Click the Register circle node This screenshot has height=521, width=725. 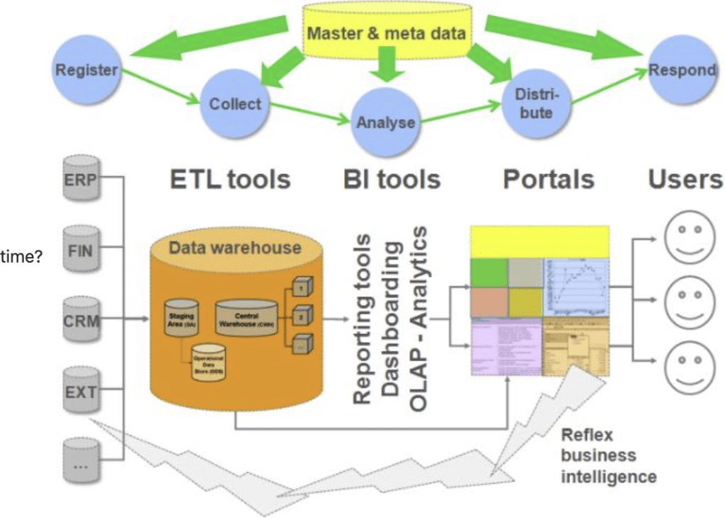tap(86, 69)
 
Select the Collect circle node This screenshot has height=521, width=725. tap(235, 104)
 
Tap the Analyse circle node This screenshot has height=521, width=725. tap(385, 122)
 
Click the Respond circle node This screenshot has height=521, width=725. tap(682, 70)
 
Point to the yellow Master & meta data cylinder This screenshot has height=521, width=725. tap(387, 31)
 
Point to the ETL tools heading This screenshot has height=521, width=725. tap(230, 179)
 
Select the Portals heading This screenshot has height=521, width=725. tap(548, 179)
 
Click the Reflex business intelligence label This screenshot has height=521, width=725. tap(607, 455)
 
